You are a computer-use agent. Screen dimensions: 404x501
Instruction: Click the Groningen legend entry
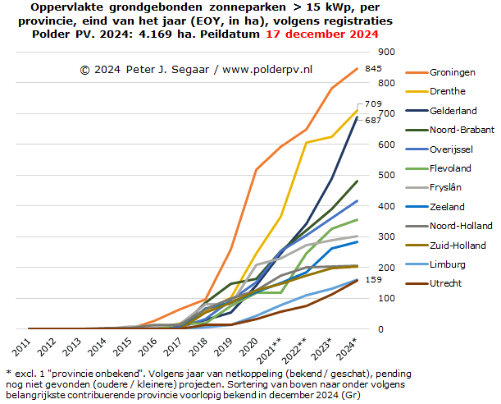click(453, 71)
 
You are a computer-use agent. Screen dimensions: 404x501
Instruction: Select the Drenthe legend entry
click(448, 91)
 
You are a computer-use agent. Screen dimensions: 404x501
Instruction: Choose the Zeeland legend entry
click(448, 207)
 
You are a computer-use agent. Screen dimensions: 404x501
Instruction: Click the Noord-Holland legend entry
click(461, 226)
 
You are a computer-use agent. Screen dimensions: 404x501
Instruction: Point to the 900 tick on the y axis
click(385, 52)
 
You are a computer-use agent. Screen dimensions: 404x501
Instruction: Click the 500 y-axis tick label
click(385, 175)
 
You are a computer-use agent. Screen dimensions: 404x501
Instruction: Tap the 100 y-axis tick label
click(385, 298)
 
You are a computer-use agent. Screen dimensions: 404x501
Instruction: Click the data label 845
click(373, 68)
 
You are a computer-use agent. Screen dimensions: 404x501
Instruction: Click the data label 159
click(373, 279)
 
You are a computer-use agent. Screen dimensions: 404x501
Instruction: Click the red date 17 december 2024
click(322, 34)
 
